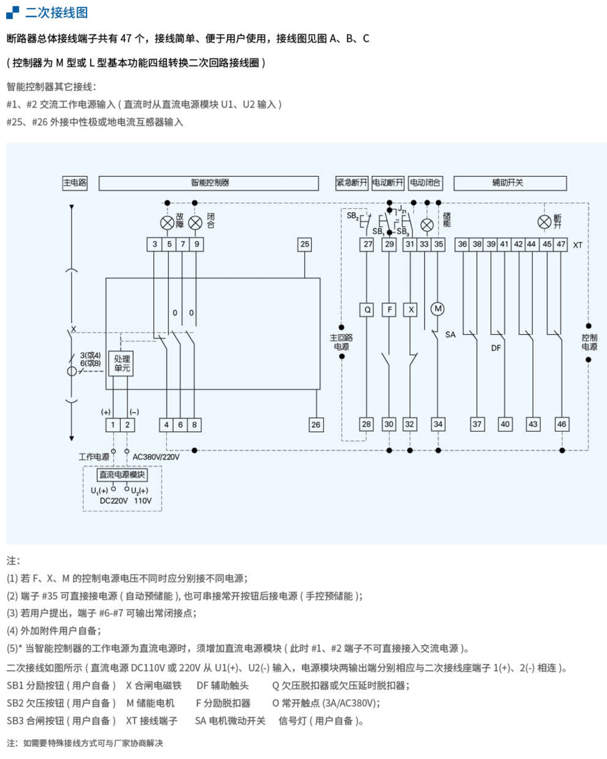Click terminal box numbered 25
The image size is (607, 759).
click(x=304, y=244)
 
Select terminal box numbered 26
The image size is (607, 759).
click(x=315, y=425)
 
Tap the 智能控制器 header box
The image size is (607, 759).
click(x=209, y=182)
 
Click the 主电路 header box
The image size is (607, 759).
click(x=75, y=182)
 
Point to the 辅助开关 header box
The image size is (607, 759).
click(x=509, y=182)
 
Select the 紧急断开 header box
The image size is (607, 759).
click(x=351, y=182)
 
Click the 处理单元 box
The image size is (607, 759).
click(x=121, y=363)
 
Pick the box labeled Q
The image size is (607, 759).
click(x=367, y=309)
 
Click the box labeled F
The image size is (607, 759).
click(x=389, y=309)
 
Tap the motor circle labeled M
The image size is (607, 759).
click(x=437, y=309)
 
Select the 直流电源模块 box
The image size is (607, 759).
click(x=122, y=474)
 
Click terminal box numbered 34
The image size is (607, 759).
click(x=438, y=424)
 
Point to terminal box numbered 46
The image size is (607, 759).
click(x=561, y=424)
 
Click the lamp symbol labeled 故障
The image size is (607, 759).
click(x=167, y=223)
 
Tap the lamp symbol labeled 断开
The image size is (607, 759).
click(x=544, y=222)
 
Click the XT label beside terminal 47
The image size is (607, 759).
click(x=577, y=245)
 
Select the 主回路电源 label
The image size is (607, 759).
click(x=342, y=342)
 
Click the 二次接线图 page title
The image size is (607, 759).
click(x=56, y=12)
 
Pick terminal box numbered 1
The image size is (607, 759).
click(x=113, y=425)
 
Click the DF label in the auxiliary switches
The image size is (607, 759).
click(x=495, y=348)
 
